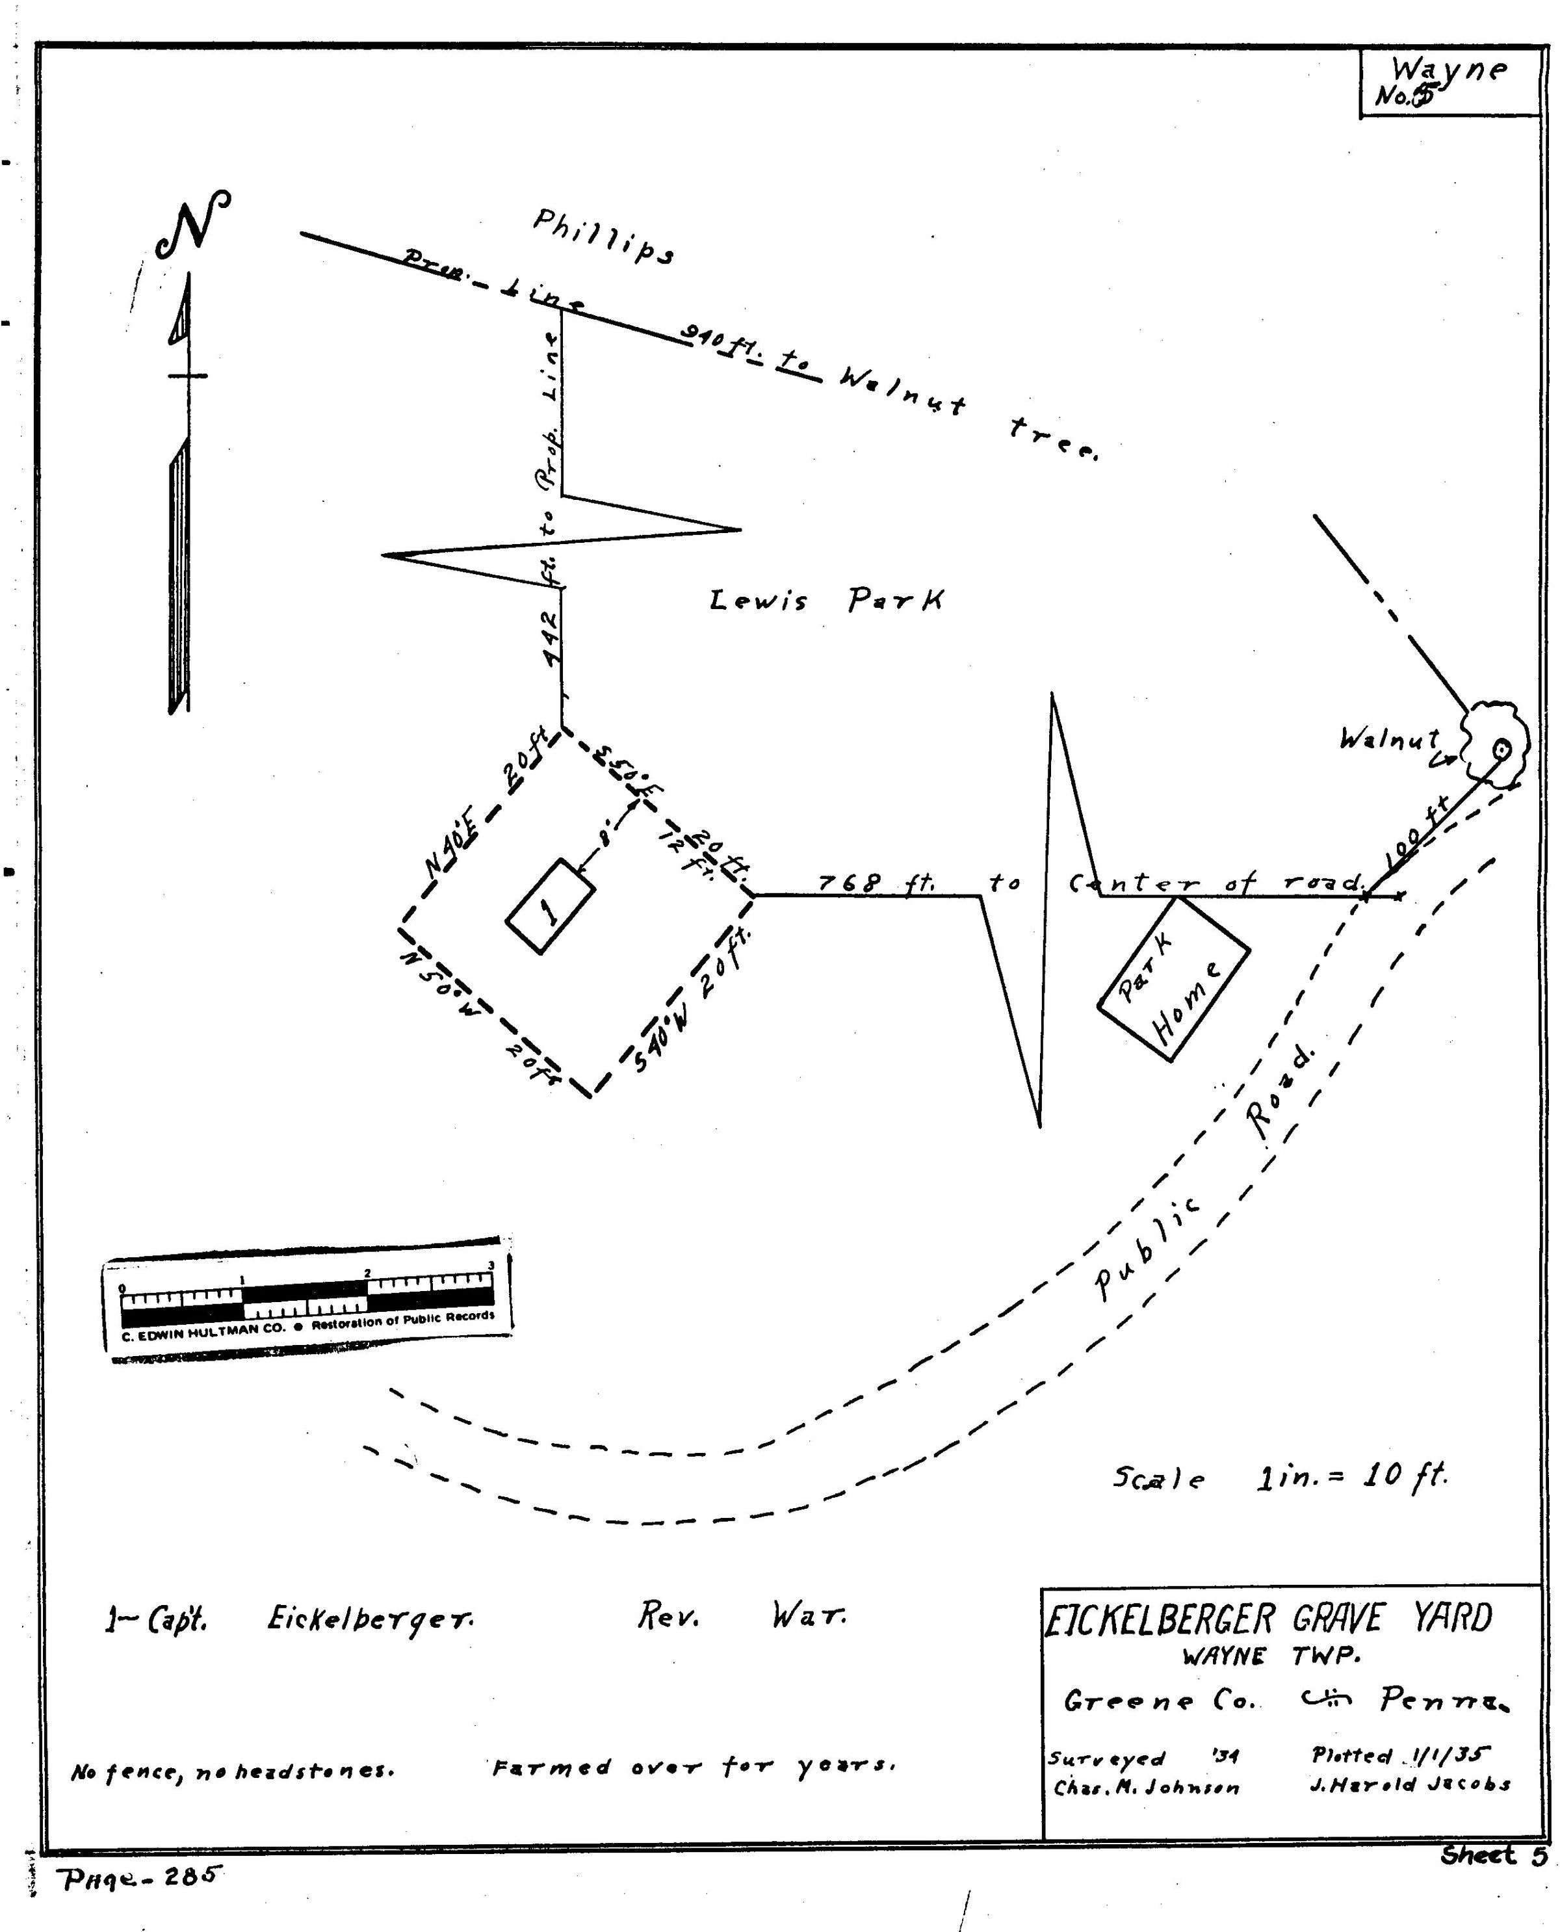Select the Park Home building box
point(1173,978)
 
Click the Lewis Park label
point(826,600)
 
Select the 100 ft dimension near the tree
point(1419,832)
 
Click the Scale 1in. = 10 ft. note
point(1280,1478)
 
